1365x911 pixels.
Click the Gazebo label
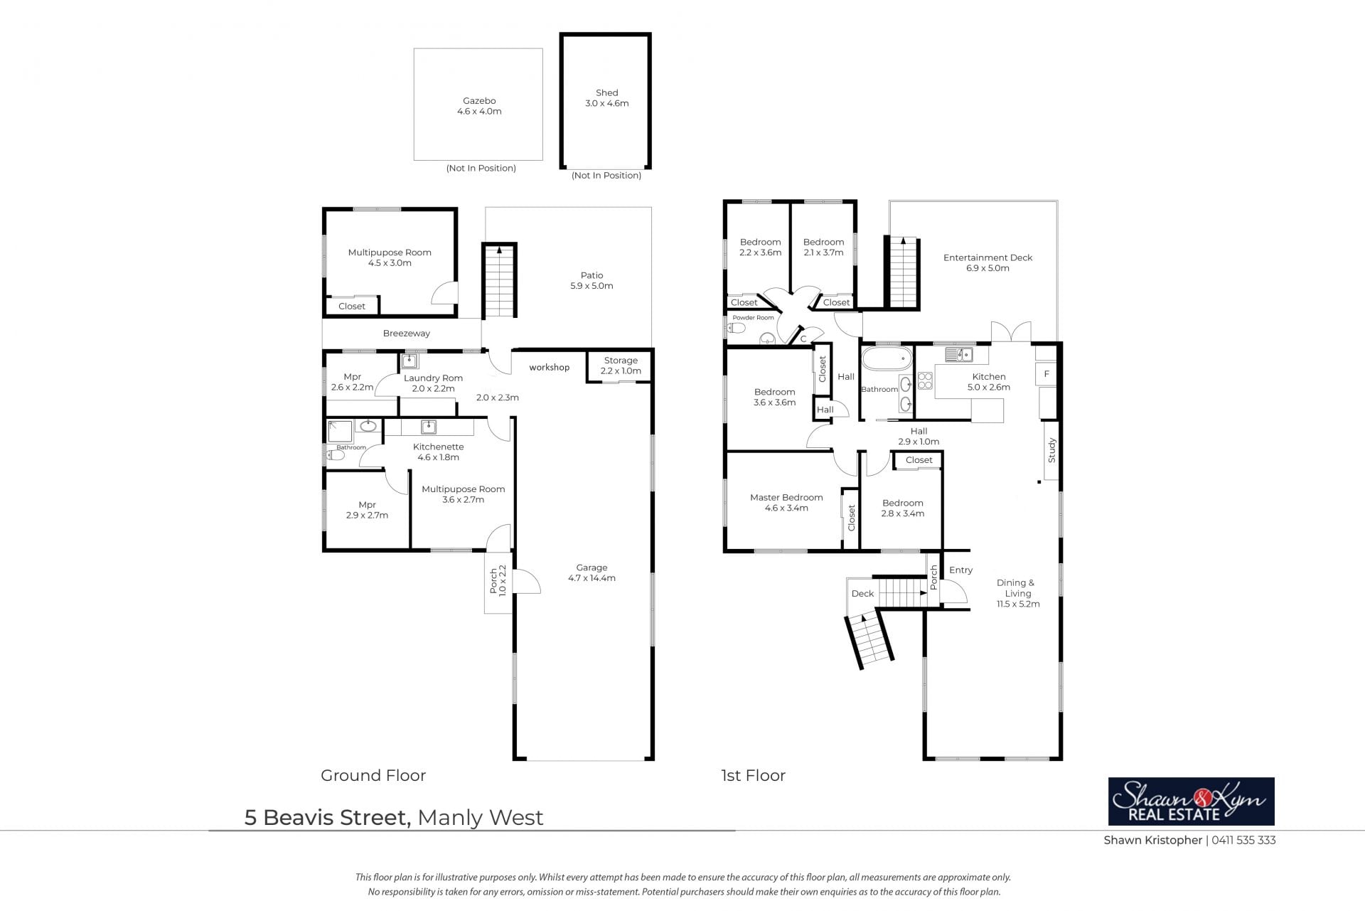(x=479, y=106)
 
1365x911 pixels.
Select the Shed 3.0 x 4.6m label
(x=606, y=97)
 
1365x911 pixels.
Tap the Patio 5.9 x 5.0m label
(x=591, y=280)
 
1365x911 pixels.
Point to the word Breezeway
(x=407, y=333)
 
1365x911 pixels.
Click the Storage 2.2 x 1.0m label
(x=621, y=366)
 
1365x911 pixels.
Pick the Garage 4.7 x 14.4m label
(x=591, y=572)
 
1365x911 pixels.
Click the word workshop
(x=549, y=367)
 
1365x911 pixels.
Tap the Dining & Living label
(x=1018, y=593)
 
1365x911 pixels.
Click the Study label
(x=1052, y=451)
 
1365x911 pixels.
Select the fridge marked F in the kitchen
(x=1046, y=373)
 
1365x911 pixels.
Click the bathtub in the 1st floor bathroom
(x=886, y=357)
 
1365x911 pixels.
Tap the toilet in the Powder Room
(x=737, y=328)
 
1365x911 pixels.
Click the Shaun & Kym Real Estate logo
(x=1192, y=801)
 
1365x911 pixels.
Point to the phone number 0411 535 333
(x=1243, y=840)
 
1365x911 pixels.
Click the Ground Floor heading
(x=373, y=775)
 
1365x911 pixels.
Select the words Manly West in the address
(x=481, y=818)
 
